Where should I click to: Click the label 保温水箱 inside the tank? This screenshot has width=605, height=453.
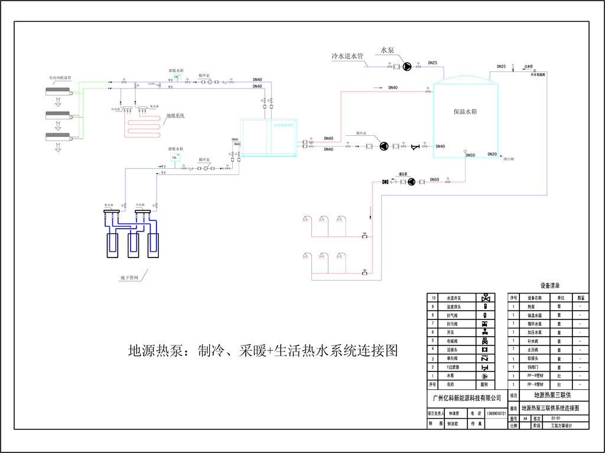tap(465, 111)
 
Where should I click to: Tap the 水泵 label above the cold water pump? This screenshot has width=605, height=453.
tap(387, 51)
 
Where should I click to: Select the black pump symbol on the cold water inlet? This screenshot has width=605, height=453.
tap(407, 67)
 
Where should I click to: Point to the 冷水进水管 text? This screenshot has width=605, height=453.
tap(347, 57)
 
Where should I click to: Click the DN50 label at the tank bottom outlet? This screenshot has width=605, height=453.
tap(470, 155)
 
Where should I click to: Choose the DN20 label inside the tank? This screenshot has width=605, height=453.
tap(492, 154)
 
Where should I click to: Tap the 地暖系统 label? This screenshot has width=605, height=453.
tap(175, 115)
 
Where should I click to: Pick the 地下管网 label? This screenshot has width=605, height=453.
tap(129, 277)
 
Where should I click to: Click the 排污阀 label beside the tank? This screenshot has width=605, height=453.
tap(509, 159)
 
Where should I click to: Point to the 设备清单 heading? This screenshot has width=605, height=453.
tap(549, 286)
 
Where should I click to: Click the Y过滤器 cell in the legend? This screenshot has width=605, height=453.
tap(453, 367)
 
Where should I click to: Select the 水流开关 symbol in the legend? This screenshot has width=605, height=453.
tap(485, 298)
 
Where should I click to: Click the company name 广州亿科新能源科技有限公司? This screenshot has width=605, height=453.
tap(467, 398)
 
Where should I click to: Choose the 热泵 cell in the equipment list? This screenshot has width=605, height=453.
tap(530, 307)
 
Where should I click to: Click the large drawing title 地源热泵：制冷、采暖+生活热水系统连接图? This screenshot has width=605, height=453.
tap(263, 351)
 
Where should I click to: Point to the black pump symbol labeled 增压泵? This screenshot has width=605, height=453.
tap(411, 182)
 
